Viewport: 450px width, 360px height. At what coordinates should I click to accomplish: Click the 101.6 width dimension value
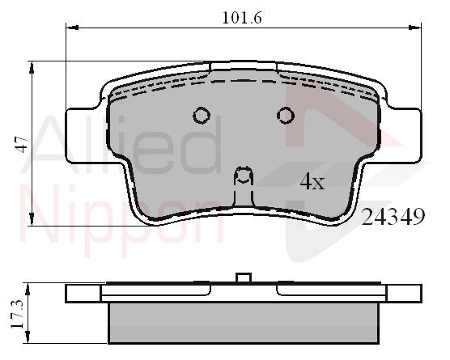242,18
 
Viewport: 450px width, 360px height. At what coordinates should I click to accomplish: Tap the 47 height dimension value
22,145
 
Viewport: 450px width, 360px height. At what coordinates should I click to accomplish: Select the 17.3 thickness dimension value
17,314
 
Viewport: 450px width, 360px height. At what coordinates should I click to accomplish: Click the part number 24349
393,217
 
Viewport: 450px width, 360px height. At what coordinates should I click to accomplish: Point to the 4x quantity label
312,181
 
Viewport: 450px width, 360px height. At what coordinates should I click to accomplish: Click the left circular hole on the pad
202,116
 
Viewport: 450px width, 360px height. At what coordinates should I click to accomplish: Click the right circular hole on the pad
285,116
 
